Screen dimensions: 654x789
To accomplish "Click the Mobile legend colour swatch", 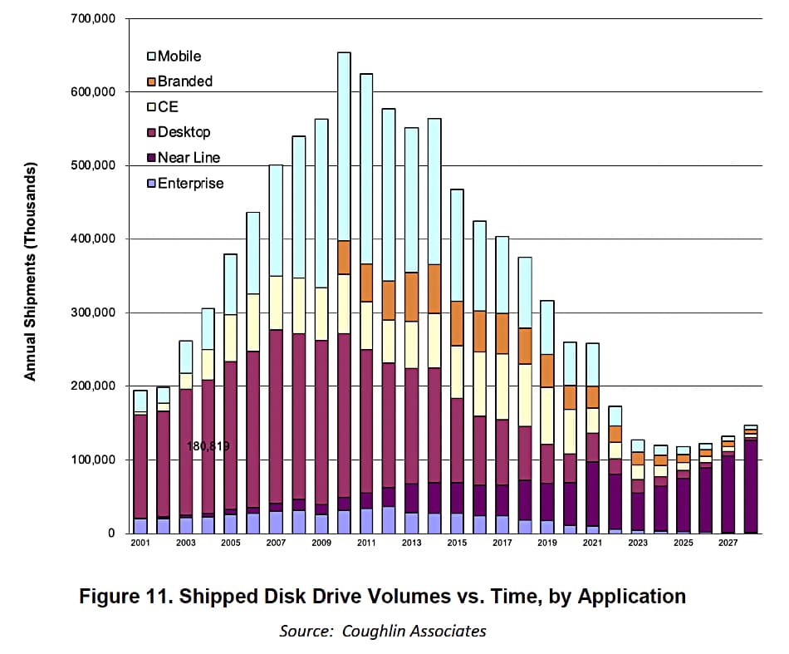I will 151,57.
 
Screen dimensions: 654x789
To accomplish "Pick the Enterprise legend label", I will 190,183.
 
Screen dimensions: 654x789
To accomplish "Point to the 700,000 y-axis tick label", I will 93,18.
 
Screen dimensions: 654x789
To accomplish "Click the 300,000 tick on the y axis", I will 93,312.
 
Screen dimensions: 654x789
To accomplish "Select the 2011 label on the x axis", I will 365,543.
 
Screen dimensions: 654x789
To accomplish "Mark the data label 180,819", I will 208,446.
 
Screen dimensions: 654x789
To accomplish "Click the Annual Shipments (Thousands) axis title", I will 31,273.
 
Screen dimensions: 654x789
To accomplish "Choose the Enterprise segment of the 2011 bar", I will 366,520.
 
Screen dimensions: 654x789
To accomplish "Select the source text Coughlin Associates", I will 415,631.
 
